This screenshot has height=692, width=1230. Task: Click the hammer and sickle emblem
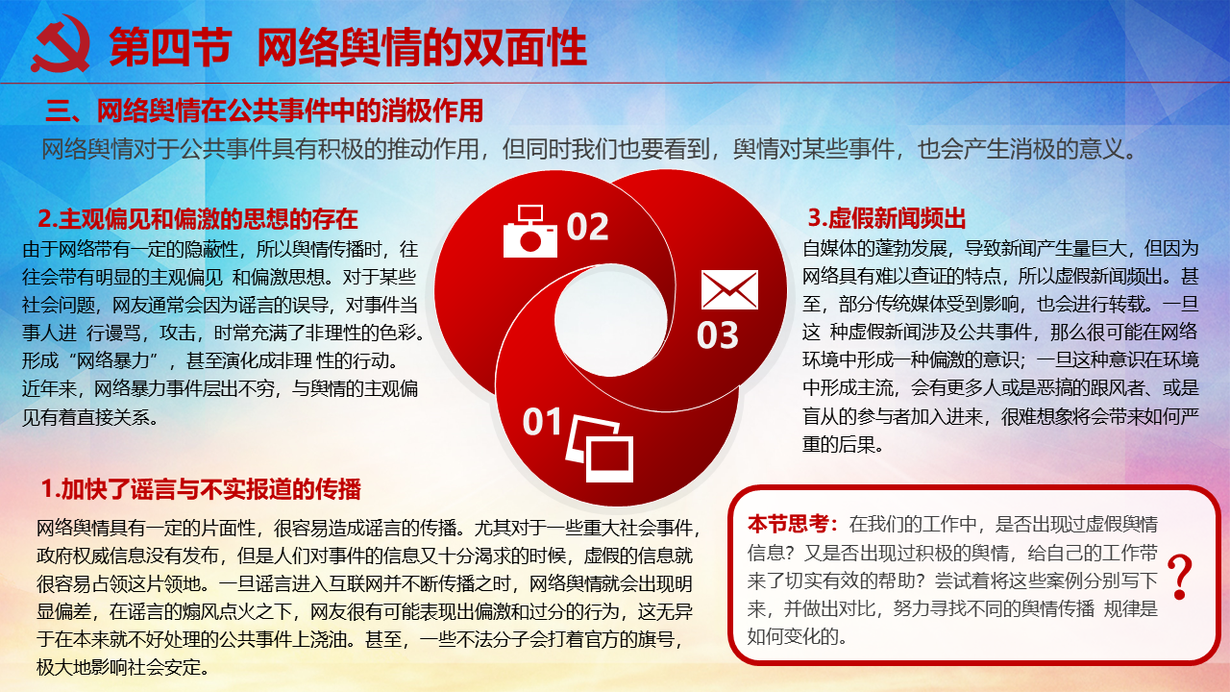pyautogui.click(x=61, y=44)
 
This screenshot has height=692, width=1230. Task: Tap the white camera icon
pyautogui.click(x=529, y=232)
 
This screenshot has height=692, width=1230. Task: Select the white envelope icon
pyautogui.click(x=729, y=289)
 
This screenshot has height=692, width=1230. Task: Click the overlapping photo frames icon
pyautogui.click(x=600, y=448)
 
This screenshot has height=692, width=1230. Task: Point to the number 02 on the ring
pyautogui.click(x=587, y=226)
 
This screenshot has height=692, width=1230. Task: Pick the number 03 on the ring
pyautogui.click(x=718, y=335)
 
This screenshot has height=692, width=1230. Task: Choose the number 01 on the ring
pyautogui.click(x=543, y=422)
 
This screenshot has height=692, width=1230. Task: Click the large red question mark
pyautogui.click(x=1179, y=576)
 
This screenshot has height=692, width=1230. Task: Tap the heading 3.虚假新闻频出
pyautogui.click(x=886, y=218)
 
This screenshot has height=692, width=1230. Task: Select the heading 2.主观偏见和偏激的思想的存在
pyautogui.click(x=198, y=218)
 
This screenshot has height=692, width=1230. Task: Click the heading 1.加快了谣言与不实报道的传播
pyautogui.click(x=201, y=489)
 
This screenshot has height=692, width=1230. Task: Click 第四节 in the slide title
pyautogui.click(x=170, y=47)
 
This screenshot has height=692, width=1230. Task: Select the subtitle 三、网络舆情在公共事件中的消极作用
pyautogui.click(x=264, y=111)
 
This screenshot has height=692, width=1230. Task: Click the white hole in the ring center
pyautogui.click(x=610, y=320)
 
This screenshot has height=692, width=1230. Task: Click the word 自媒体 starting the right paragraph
pyautogui.click(x=829, y=248)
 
